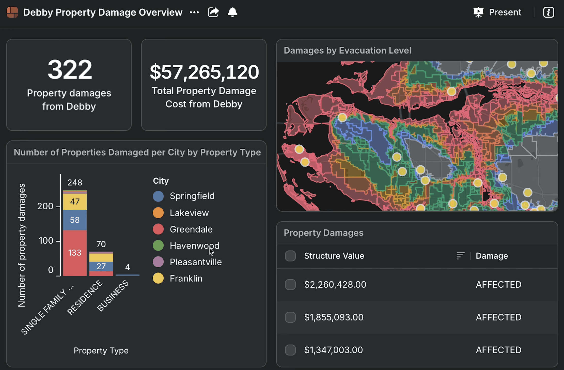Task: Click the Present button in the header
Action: click(x=497, y=12)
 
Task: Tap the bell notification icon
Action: click(x=232, y=12)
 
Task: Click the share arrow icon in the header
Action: click(x=213, y=12)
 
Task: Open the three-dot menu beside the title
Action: click(x=194, y=12)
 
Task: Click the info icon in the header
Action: click(x=549, y=12)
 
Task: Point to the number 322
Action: click(x=70, y=69)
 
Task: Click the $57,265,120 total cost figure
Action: click(x=204, y=72)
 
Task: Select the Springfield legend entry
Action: click(x=184, y=196)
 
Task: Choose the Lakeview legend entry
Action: click(x=181, y=213)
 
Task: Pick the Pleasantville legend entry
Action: click(x=187, y=262)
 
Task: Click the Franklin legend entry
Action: click(x=178, y=279)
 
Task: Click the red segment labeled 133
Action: click(x=75, y=253)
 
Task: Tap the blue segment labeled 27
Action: click(x=101, y=266)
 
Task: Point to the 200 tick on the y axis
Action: click(x=45, y=206)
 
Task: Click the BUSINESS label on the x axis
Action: click(x=113, y=296)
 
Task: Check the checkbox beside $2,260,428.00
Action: click(x=290, y=284)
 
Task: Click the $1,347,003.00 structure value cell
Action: click(x=334, y=350)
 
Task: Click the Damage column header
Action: click(x=492, y=256)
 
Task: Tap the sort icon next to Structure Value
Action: click(x=460, y=256)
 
